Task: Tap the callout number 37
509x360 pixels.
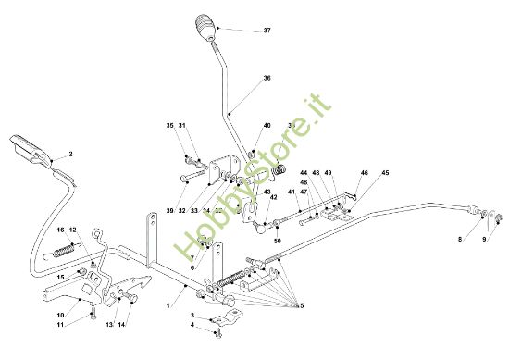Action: point(267,31)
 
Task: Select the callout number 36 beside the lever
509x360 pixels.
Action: point(267,79)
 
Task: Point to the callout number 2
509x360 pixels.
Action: point(70,154)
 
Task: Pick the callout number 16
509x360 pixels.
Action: point(61,230)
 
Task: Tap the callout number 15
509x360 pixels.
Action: point(61,276)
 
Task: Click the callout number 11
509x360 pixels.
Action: point(61,327)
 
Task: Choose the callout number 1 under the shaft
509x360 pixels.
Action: point(167,304)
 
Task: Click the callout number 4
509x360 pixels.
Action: point(192,325)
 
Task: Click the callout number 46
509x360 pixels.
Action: point(364,173)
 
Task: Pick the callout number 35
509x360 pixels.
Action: point(170,126)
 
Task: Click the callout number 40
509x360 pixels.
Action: point(267,126)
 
